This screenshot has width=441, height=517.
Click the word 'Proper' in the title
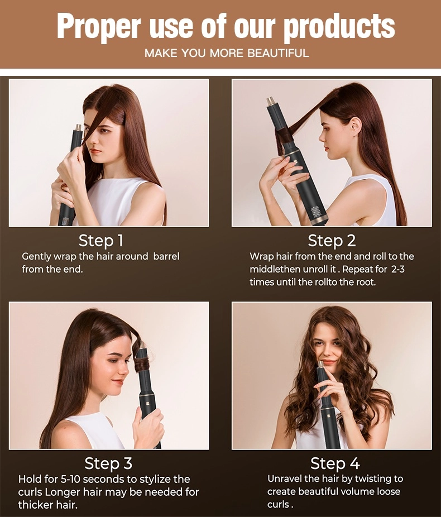click(99, 26)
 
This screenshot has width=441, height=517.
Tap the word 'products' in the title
click(339, 26)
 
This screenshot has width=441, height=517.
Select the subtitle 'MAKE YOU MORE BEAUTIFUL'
click(226, 54)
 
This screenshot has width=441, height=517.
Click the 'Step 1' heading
click(100, 241)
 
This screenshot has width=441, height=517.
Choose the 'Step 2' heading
click(332, 241)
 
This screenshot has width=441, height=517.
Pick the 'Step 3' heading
click(108, 463)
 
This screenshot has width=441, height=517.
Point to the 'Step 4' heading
click(335, 463)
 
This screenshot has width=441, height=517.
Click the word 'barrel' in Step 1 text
click(166, 256)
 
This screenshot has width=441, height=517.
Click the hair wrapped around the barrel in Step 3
click(142, 364)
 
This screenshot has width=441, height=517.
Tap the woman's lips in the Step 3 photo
click(117, 382)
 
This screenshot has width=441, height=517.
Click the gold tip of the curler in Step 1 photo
click(79, 128)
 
